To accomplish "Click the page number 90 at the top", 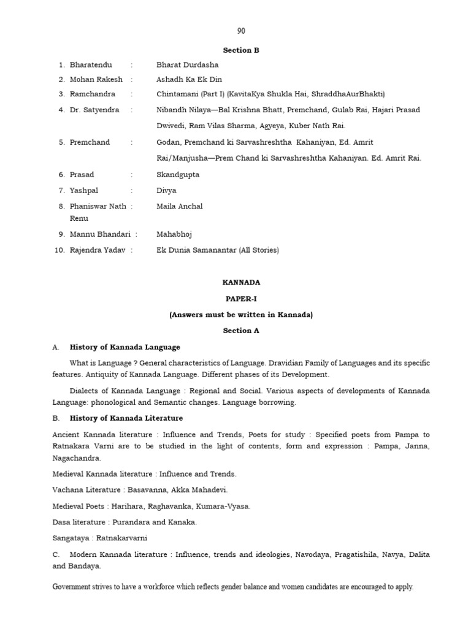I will point(241,31).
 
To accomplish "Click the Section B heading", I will point(240,50).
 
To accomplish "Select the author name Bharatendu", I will point(91,64).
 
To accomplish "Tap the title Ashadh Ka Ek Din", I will point(189,79).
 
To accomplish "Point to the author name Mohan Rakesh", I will point(96,79).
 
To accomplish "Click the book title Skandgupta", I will point(178,174).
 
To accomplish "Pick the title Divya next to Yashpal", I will point(166,190).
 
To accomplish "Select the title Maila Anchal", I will point(180,206).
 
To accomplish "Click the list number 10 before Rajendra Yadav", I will point(60,250).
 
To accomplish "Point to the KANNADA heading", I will point(240,283).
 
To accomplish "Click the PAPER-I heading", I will point(240,299).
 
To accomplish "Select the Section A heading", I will point(240,331).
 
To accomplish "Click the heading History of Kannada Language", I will point(125,347).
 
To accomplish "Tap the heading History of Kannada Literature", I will point(126,418).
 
